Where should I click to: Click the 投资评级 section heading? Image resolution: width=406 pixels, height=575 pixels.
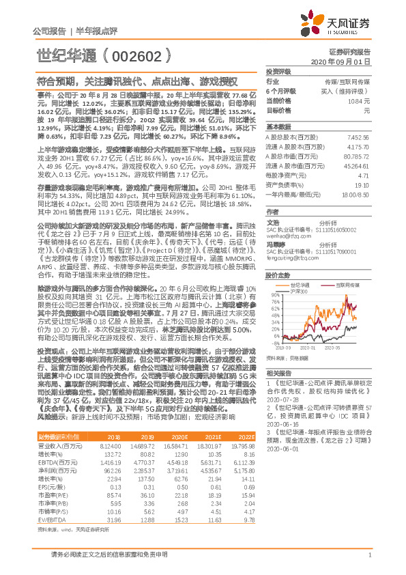pyautogui.click(x=278, y=71)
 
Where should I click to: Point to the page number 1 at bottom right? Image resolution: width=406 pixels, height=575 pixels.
pyautogui.click(x=369, y=557)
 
